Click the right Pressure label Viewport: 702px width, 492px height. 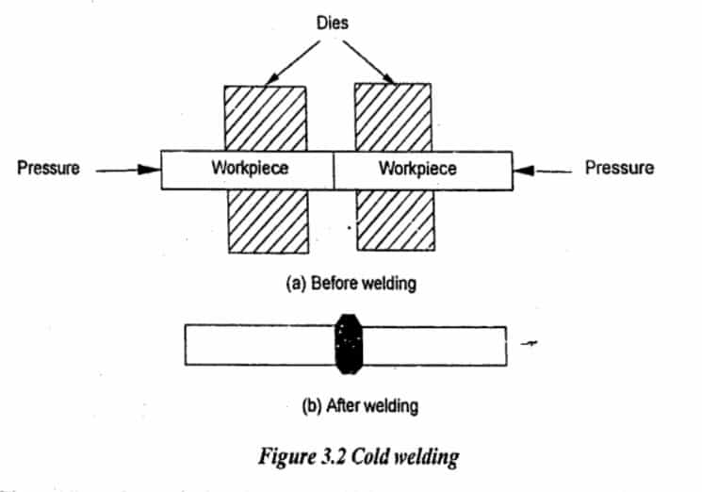pos(619,169)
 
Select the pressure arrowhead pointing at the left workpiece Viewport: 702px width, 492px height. pos(150,170)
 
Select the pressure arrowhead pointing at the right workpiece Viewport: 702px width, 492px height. pos(521,170)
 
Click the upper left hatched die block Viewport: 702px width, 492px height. pos(265,117)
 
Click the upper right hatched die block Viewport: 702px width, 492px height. pos(393,117)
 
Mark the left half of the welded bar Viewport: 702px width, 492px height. pos(259,344)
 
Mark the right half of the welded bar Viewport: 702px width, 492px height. pos(433,344)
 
